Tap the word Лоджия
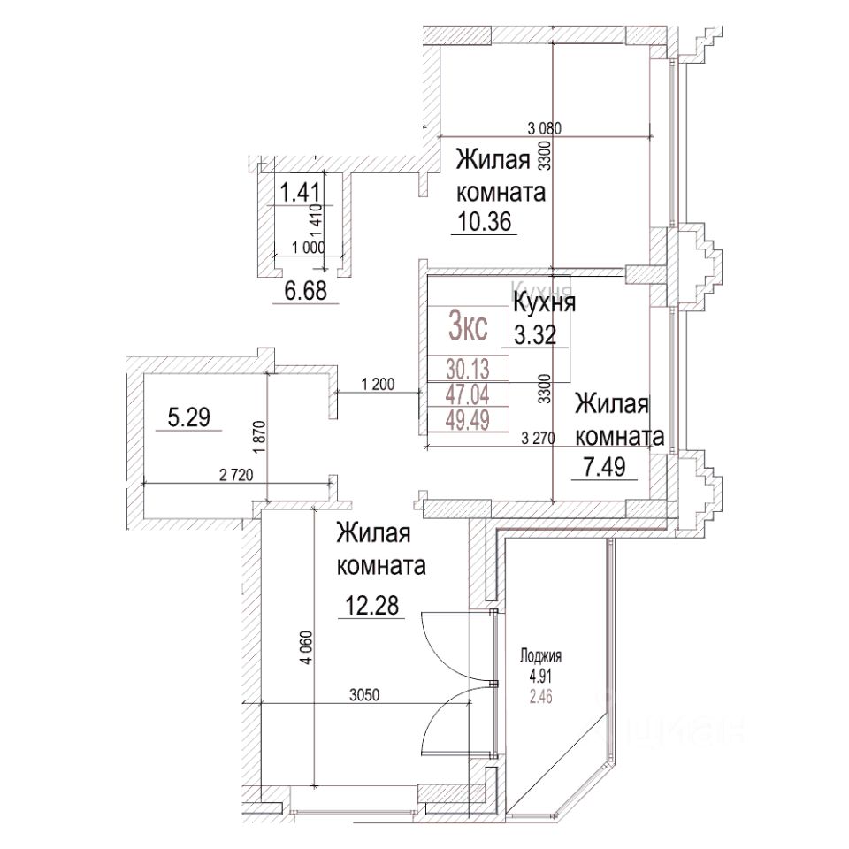pos(541,656)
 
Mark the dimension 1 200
pos(378,384)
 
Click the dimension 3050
pos(363,695)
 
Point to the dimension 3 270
pos(541,436)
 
